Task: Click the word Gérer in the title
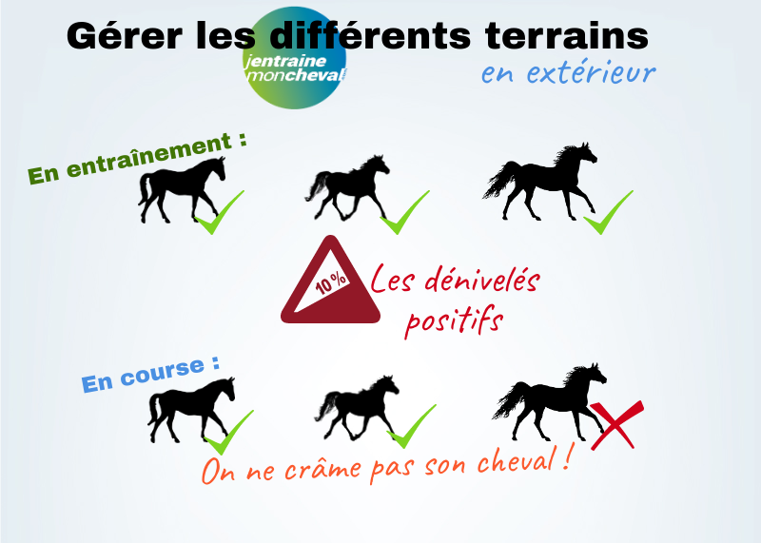(125, 35)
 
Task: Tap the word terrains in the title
(566, 35)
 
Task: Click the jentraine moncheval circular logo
(295, 58)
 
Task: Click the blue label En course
(150, 374)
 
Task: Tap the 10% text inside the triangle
(331, 283)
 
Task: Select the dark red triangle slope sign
(330, 281)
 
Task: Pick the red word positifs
(455, 320)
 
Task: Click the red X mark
(616, 424)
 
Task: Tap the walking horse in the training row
(182, 189)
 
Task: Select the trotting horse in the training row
(347, 187)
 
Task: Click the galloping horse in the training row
(539, 182)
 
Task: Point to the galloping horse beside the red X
(550, 402)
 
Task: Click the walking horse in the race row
(191, 410)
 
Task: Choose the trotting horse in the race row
(358, 408)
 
